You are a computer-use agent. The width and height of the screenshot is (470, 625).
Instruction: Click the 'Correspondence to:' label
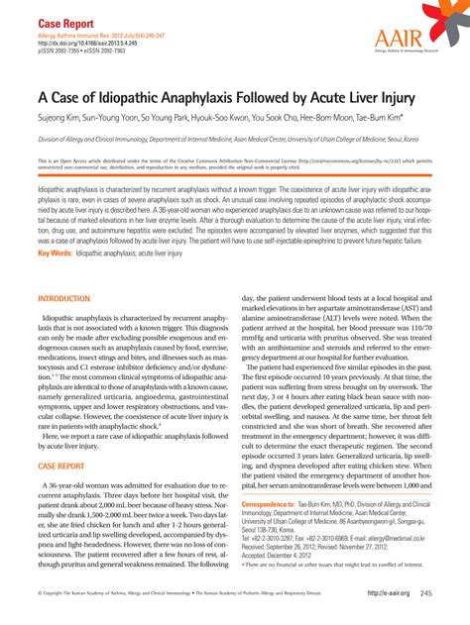point(270,504)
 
